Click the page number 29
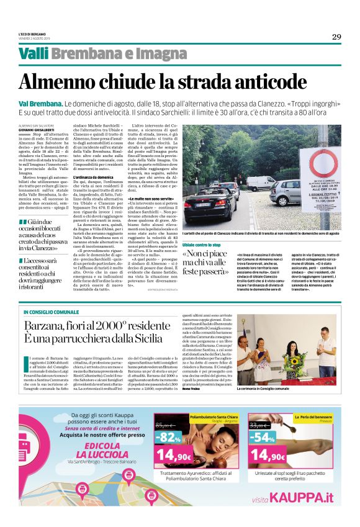(336, 37)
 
